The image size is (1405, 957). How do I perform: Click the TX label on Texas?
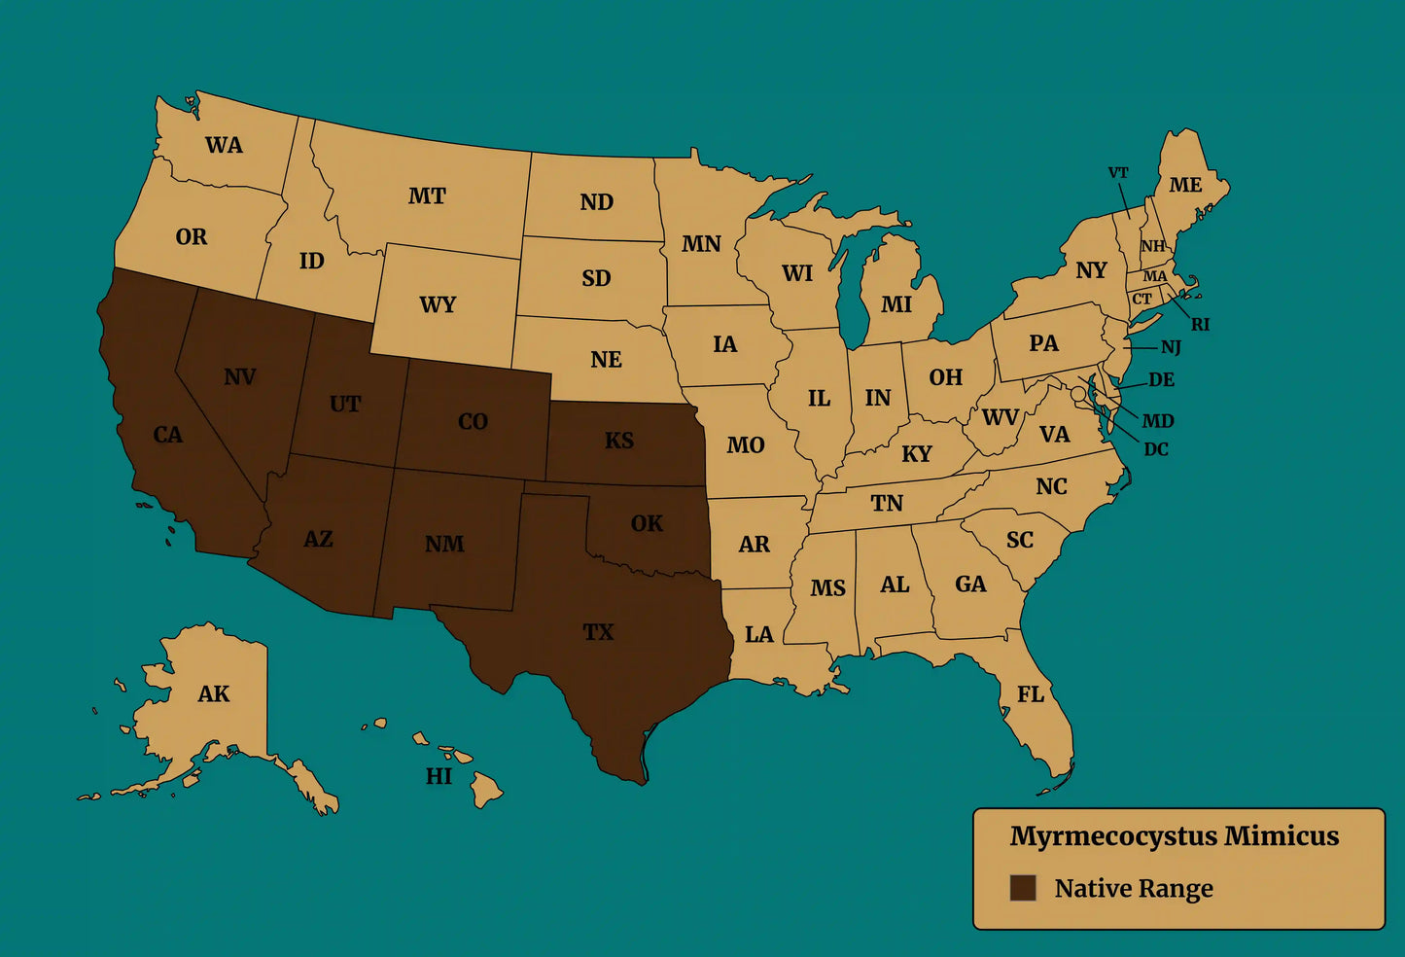[598, 632]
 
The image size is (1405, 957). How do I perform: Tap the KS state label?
[619, 441]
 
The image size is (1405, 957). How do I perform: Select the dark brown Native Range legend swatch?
[1022, 888]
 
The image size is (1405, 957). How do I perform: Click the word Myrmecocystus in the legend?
[1112, 836]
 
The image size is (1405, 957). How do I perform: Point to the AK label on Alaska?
[214, 693]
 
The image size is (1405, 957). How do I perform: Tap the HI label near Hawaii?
[439, 776]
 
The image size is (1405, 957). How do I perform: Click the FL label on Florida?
[1031, 694]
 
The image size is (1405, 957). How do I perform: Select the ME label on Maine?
[1185, 185]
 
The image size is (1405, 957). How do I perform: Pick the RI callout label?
[1201, 325]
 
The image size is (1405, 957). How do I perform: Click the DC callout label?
[1156, 449]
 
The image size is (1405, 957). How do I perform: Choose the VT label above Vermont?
[1118, 173]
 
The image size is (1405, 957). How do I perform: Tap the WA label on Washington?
[224, 145]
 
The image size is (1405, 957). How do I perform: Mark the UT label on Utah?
[345, 404]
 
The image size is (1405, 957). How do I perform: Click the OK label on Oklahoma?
[647, 523]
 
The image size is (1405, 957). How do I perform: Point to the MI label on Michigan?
[896, 304]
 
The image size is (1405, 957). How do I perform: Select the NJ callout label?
[1171, 347]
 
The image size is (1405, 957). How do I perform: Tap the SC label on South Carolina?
[1020, 540]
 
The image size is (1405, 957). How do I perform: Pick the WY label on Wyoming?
[438, 304]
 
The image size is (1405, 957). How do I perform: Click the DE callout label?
[1162, 380]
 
